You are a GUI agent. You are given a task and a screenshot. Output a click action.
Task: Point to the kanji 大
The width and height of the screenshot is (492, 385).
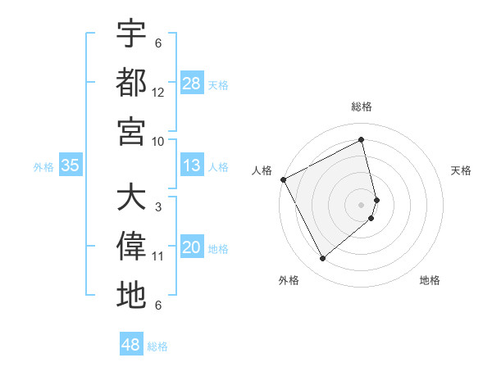click(x=131, y=198)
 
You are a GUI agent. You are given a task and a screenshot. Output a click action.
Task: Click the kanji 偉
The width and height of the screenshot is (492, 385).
click(x=131, y=247)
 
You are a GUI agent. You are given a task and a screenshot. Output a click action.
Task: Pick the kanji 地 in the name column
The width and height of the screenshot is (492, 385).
click(x=131, y=295)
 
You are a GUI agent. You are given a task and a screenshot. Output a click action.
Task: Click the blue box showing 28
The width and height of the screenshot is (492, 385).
click(x=192, y=84)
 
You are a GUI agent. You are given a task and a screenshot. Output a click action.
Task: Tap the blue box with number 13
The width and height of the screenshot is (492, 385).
click(x=192, y=165)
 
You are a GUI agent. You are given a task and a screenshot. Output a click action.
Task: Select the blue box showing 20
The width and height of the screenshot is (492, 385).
click(x=192, y=247)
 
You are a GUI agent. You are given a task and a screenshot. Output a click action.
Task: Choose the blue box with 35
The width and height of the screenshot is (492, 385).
click(x=71, y=165)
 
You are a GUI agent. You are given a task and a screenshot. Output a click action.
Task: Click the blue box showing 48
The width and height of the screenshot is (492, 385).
click(x=130, y=345)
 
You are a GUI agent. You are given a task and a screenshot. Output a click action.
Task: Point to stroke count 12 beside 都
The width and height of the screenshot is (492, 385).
click(x=158, y=93)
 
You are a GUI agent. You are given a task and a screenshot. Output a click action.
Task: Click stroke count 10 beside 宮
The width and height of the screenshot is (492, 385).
click(x=158, y=141)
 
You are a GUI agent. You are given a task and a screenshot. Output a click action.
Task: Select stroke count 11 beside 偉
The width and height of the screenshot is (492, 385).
click(x=158, y=256)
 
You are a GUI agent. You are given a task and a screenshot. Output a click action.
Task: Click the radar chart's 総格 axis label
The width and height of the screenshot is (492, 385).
click(x=362, y=106)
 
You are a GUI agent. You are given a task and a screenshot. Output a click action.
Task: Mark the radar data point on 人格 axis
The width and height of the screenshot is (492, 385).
click(x=283, y=179)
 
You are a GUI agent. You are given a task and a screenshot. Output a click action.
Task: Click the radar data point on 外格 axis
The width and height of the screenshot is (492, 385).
click(x=322, y=259)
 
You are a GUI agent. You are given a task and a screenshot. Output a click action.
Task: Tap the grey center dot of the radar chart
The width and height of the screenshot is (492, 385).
click(x=362, y=205)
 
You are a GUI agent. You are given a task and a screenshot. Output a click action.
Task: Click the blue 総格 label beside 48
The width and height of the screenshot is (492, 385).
click(x=157, y=346)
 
